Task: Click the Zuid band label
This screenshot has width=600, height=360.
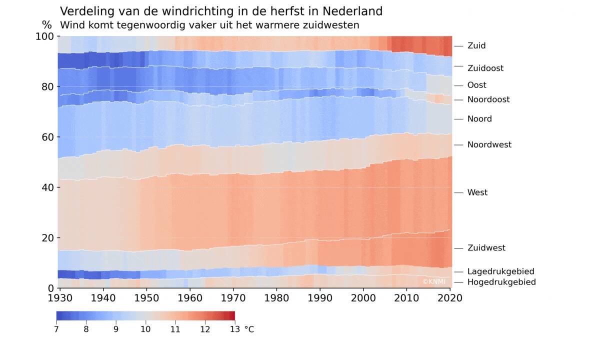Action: [476, 45]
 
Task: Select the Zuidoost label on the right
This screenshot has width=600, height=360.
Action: [485, 68]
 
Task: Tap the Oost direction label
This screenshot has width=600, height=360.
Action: [476, 85]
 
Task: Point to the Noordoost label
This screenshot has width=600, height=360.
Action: [488, 99]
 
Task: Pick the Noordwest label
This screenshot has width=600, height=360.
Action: [489, 144]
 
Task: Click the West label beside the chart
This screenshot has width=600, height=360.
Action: [477, 192]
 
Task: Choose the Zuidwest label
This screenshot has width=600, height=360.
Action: [486, 248]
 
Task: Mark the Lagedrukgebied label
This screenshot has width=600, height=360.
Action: [500, 271]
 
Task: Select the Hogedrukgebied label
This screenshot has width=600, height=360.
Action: [501, 282]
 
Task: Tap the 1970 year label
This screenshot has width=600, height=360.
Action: [234, 298]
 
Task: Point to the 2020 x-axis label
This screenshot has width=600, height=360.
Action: [450, 298]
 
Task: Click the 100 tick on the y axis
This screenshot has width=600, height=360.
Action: [46, 36]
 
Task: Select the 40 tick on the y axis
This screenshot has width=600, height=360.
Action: [48, 187]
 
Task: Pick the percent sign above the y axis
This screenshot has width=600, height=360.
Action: [46, 25]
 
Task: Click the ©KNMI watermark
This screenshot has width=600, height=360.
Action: [433, 281]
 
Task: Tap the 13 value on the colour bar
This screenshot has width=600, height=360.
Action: [234, 329]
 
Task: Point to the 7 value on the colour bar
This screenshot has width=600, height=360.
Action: [56, 329]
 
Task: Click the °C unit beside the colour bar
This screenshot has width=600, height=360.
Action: [248, 329]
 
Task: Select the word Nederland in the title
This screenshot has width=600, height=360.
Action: [352, 11]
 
